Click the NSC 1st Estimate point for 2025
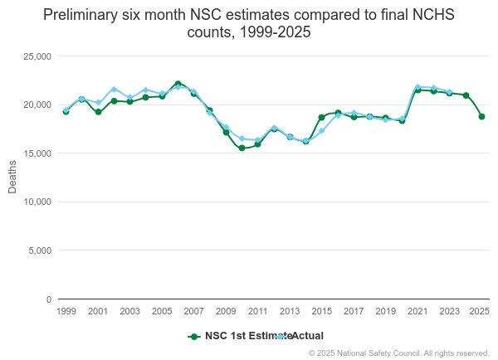(x=481, y=116)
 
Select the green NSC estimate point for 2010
(x=242, y=148)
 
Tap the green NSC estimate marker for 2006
(x=178, y=84)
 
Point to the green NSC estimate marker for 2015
(x=321, y=117)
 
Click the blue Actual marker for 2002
(x=114, y=89)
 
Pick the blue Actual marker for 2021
(x=417, y=86)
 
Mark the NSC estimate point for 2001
(x=98, y=112)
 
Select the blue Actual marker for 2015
(x=321, y=131)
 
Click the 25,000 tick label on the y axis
(x=37, y=56)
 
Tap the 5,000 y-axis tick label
(x=39, y=251)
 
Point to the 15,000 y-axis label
(x=37, y=153)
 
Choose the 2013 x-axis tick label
(x=290, y=311)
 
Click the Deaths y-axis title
(x=12, y=178)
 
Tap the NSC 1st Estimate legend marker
(x=194, y=336)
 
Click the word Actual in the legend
(x=307, y=336)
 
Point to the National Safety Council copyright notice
(x=398, y=353)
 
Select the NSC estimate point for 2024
(x=466, y=95)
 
